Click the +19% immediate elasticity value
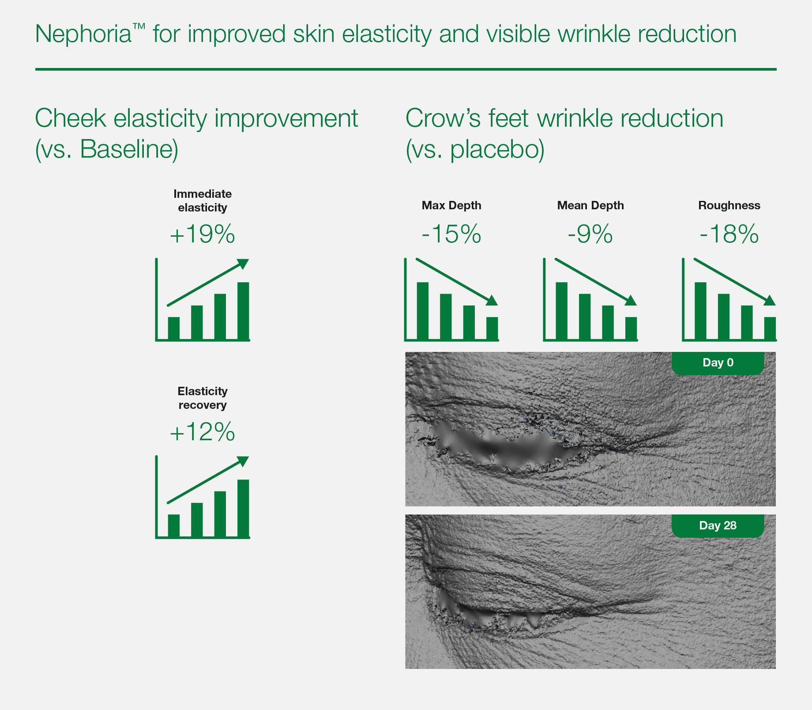202,234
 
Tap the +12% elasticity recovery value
202,431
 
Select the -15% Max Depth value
451,234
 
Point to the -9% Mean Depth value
590,234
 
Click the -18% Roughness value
729,234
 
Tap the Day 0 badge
718,363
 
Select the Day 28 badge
718,525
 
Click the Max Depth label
451,205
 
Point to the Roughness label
729,205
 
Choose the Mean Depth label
590,205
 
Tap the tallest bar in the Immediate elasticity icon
243,310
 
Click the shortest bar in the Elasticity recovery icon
174,525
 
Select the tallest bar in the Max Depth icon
423,310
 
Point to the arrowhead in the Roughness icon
769,300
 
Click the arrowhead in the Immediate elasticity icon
243,264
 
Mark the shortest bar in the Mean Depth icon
631,328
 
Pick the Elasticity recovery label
203,398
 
